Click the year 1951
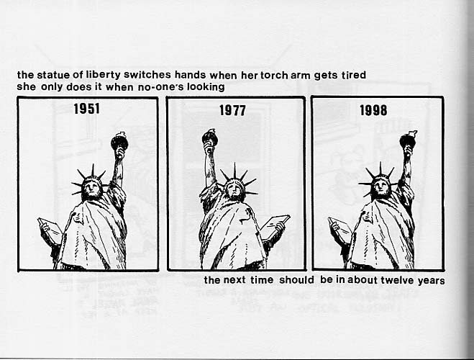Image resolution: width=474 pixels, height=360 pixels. pos(87,109)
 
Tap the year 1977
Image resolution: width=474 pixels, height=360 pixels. pos(232,110)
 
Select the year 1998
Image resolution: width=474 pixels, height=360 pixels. pos(373,110)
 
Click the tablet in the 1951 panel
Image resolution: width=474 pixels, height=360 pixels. pos(50,230)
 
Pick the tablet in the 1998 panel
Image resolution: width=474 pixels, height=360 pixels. pos(340,229)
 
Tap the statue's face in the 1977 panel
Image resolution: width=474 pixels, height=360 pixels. pos(234,188)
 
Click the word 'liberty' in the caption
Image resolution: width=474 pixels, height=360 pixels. pos(102,75)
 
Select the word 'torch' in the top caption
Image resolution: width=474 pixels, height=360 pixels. pos(274,75)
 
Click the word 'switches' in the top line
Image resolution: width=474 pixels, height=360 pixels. pos(147,75)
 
